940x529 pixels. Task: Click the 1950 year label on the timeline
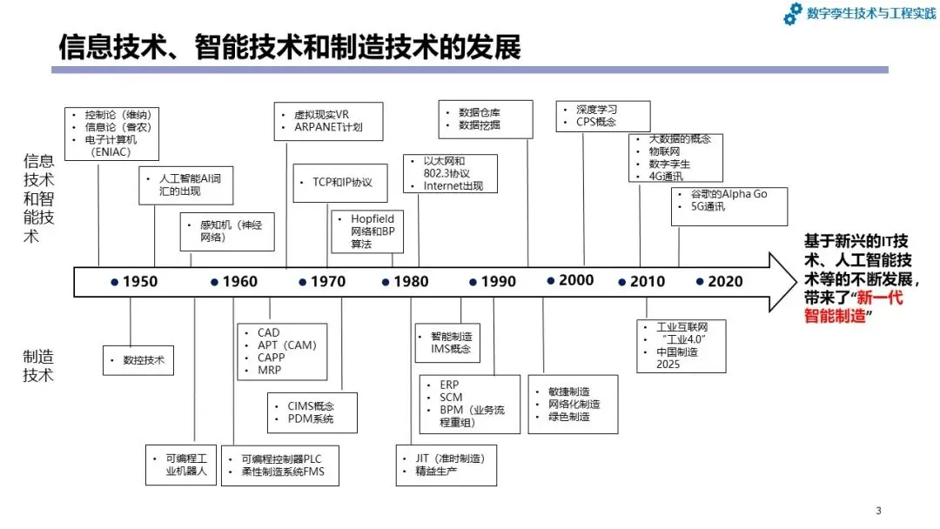tap(140, 282)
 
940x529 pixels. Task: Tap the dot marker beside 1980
tap(386, 282)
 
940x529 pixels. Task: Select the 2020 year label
tap(725, 282)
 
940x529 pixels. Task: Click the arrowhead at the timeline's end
tap(782, 282)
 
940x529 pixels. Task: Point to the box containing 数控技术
tap(138, 361)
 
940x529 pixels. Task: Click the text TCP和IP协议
tap(342, 182)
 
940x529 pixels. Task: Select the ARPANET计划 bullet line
tap(328, 127)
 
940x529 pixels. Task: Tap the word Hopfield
tap(373, 218)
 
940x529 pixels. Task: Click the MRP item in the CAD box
tap(269, 371)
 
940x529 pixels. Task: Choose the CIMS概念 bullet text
tap(311, 406)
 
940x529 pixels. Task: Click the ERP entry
tap(449, 385)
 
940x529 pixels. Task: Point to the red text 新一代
tap(880, 298)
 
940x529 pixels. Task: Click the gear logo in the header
tap(793, 14)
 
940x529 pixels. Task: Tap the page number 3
tap(878, 511)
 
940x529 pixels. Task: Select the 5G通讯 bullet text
tap(708, 207)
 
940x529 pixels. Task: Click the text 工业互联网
tap(682, 327)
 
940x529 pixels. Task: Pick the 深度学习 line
tap(596, 110)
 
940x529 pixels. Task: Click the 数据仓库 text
tap(480, 112)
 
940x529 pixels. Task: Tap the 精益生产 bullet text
tap(436, 472)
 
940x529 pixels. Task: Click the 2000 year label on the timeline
tap(576, 280)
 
